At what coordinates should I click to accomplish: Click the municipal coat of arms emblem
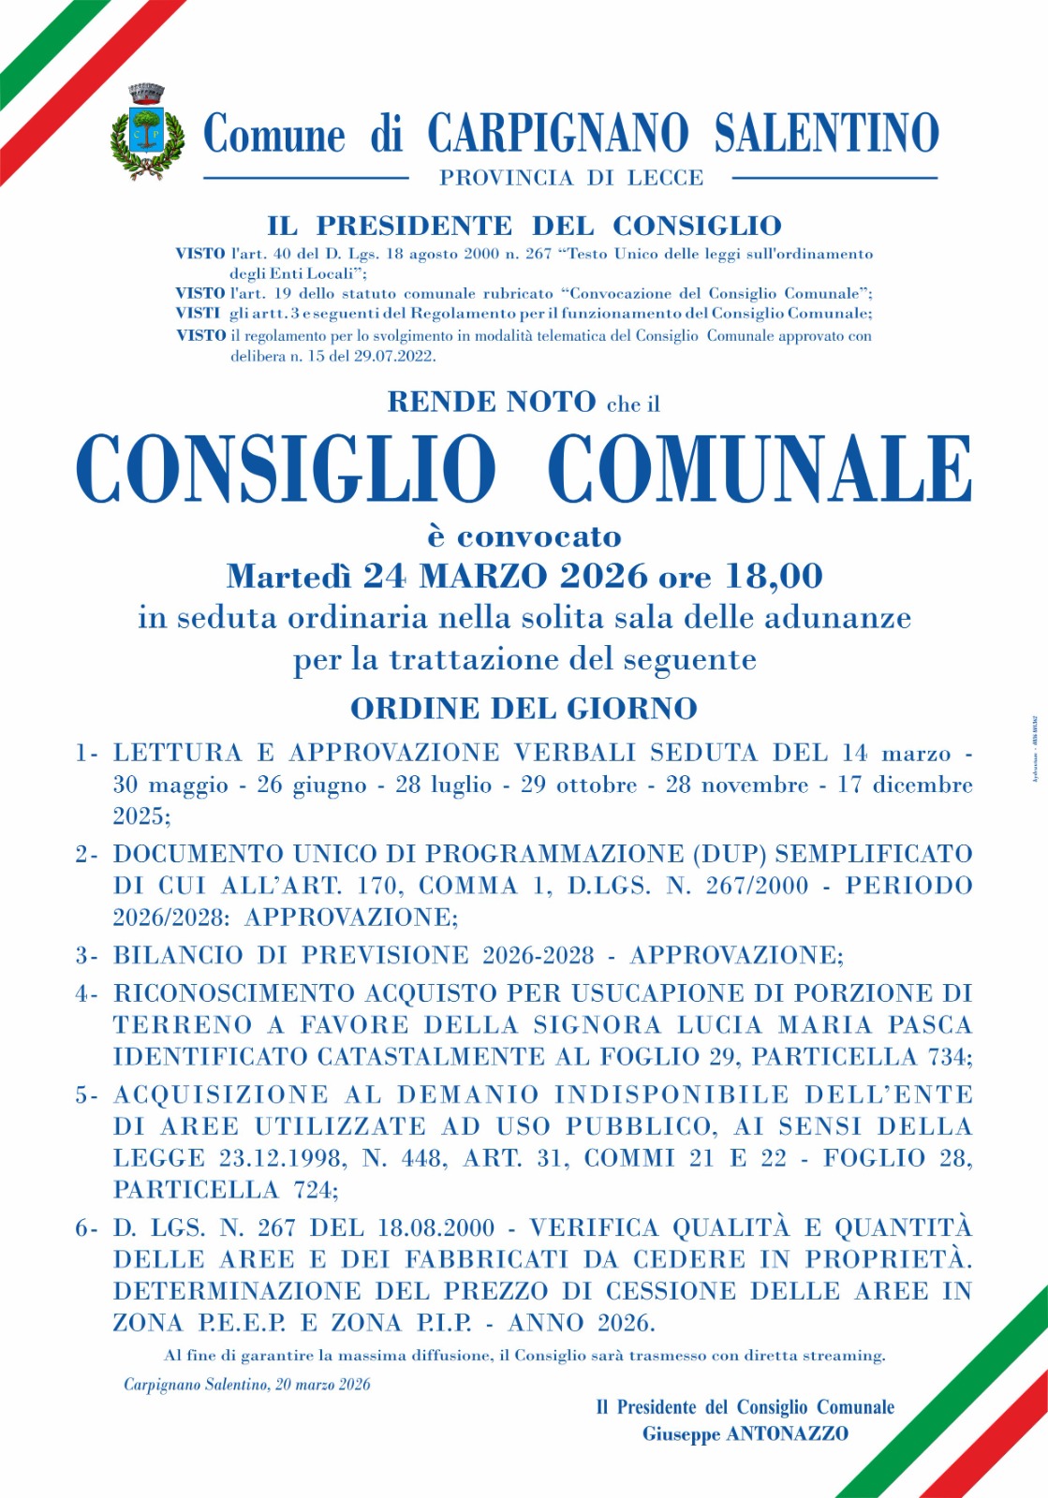pos(144,133)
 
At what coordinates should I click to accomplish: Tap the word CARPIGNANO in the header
pos(557,133)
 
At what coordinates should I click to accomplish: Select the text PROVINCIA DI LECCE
pos(571,178)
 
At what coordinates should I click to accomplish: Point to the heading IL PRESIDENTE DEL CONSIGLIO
pos(524,226)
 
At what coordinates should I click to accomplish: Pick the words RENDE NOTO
pos(492,402)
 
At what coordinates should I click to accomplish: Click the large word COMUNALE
pos(760,469)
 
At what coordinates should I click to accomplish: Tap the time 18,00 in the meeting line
pos(775,576)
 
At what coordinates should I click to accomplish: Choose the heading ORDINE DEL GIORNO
pos(524,709)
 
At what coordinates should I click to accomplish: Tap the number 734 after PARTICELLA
pos(948,1057)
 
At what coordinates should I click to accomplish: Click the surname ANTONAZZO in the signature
pos(788,1434)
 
